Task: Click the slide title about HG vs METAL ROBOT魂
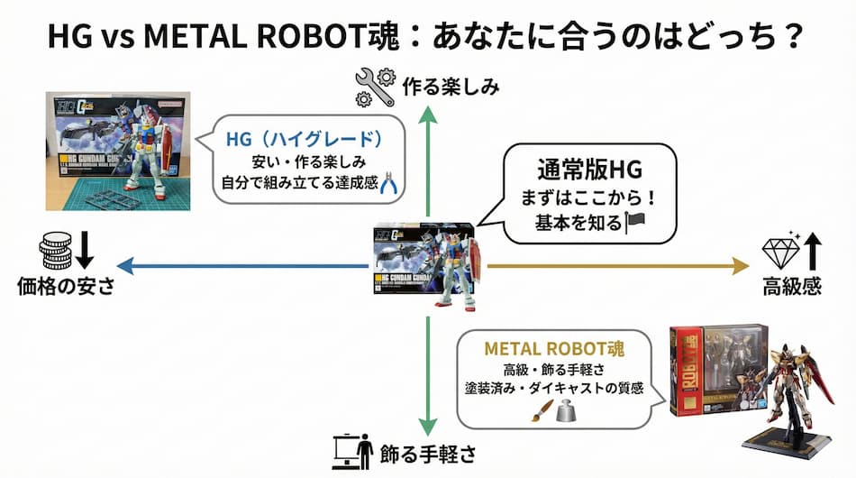pyautogui.click(x=427, y=37)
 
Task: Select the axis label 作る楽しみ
pyautogui.click(x=451, y=87)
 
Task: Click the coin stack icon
pyautogui.click(x=55, y=251)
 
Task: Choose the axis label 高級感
pyautogui.click(x=792, y=287)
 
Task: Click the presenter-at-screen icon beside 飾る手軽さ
pyautogui.click(x=355, y=450)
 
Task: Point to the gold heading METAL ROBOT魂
pyautogui.click(x=555, y=347)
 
